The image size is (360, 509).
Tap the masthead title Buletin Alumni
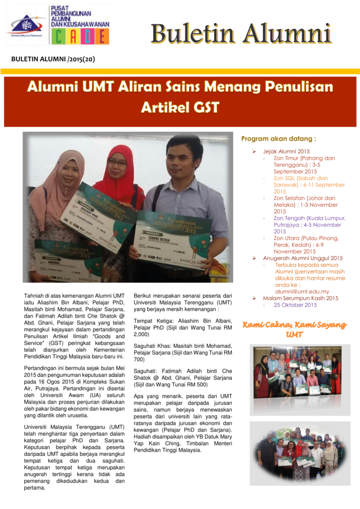pyautogui.click(x=241, y=34)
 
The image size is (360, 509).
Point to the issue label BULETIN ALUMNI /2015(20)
pyautogui.click(x=53, y=60)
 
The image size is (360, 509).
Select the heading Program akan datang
pyautogui.click(x=278, y=139)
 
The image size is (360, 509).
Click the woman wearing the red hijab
pyautogui.click(x=117, y=169)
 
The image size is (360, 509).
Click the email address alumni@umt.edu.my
pyautogui.click(x=302, y=291)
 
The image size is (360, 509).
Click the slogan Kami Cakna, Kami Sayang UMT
pyautogui.click(x=294, y=330)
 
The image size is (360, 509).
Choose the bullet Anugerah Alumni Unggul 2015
pyautogui.click(x=303, y=258)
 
